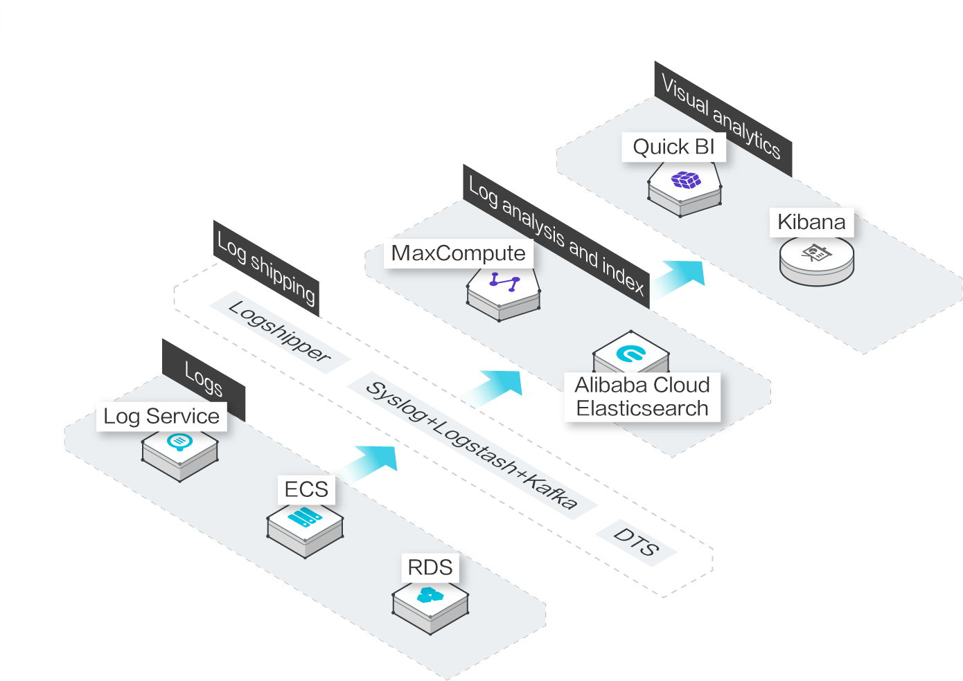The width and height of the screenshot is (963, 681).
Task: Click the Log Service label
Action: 161,417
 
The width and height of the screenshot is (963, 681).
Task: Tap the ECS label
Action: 306,489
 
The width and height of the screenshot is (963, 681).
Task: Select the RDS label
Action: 430,567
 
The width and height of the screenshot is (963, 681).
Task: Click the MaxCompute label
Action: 458,253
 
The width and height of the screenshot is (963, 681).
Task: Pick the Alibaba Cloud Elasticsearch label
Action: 642,397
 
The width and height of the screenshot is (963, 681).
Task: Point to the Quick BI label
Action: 673,147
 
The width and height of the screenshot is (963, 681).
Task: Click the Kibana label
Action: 812,222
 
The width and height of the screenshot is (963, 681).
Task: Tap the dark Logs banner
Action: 204,379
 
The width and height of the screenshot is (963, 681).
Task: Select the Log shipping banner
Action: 266,269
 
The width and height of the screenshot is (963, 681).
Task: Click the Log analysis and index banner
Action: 556,236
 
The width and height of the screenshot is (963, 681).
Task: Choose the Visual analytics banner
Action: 723,119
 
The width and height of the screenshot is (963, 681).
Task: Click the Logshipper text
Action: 280,332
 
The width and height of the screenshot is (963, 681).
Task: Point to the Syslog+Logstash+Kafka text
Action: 472,445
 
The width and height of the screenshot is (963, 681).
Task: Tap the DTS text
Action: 636,543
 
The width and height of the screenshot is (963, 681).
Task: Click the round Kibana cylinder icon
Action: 817,261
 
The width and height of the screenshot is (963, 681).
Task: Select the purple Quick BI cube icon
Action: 686,180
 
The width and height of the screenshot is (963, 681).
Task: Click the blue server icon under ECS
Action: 304,516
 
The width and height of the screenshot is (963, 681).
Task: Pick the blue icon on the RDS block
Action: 430,595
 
